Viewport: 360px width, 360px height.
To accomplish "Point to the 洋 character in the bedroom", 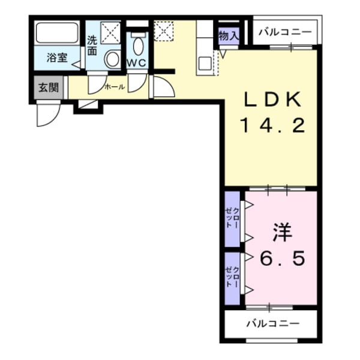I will (x=282, y=233).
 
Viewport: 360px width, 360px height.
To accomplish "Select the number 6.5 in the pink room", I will (x=282, y=259).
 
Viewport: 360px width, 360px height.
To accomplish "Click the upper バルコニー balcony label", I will (x=285, y=31).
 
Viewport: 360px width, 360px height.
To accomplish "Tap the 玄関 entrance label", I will (x=49, y=88).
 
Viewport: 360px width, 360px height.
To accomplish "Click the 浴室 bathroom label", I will (x=58, y=59).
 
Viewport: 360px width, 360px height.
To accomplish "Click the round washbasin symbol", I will (x=112, y=59).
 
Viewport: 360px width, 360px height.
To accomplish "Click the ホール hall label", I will (x=115, y=87).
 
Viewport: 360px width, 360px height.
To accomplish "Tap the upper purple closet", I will (x=232, y=218).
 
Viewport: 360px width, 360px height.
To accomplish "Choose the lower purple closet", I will (x=232, y=278).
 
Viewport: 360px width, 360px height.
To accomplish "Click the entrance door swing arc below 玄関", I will (x=46, y=115).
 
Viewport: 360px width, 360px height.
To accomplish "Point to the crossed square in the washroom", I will (x=110, y=32).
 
